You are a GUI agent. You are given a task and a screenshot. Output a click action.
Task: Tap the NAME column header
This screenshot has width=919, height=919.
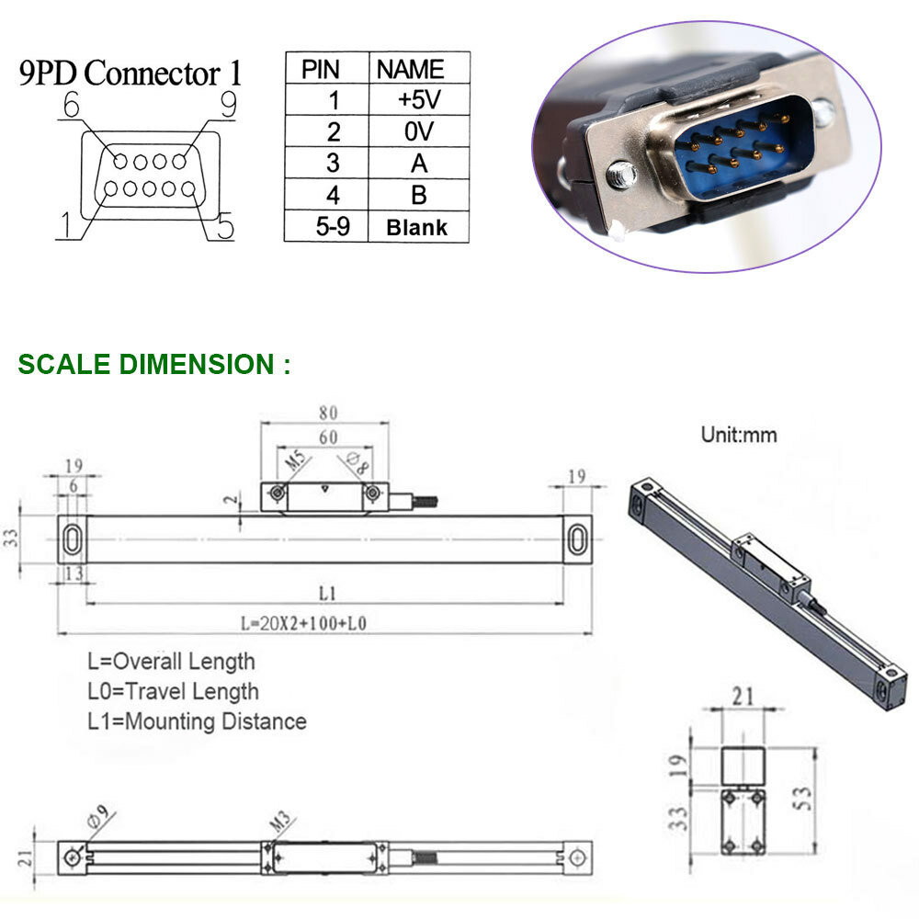(x=411, y=69)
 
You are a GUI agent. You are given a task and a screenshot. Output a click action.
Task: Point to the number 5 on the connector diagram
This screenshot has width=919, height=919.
(x=222, y=226)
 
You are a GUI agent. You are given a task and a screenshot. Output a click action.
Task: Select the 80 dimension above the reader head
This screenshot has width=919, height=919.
(x=327, y=412)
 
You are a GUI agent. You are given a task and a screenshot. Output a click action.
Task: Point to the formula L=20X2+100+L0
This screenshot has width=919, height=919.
(x=304, y=623)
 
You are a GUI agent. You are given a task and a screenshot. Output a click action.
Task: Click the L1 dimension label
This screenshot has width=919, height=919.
(x=327, y=591)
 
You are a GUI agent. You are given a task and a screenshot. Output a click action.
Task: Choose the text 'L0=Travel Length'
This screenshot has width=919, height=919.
(x=173, y=691)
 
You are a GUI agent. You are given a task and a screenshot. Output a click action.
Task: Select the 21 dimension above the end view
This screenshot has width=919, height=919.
(x=743, y=696)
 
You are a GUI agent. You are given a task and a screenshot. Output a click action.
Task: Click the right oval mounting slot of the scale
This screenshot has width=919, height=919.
(x=577, y=538)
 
